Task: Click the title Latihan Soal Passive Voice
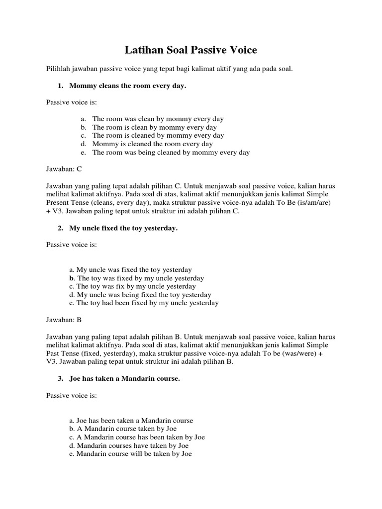(x=191, y=50)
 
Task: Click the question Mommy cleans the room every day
(x=127, y=86)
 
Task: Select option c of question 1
(x=158, y=135)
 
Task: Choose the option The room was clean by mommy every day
(x=158, y=119)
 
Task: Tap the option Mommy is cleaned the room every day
(x=152, y=144)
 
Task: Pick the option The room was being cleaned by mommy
(x=171, y=152)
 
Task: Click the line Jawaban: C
(x=64, y=169)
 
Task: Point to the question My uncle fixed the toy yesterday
(x=123, y=228)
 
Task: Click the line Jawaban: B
(x=64, y=320)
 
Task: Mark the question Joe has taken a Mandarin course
(x=124, y=379)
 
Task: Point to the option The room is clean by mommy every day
(x=154, y=127)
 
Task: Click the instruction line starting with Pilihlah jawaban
(x=170, y=69)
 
